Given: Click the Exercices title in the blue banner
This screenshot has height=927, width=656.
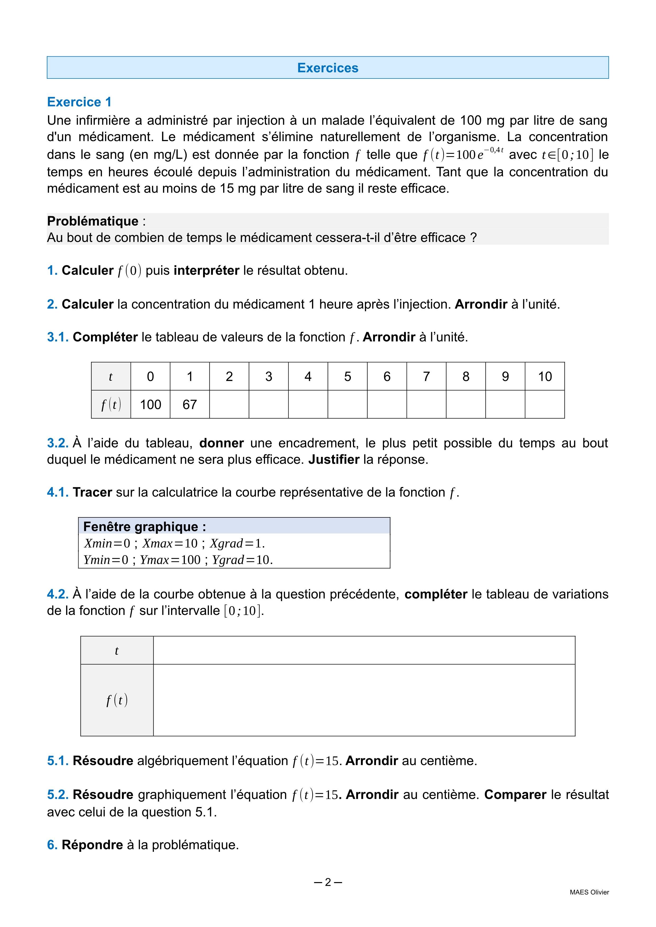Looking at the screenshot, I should (328, 68).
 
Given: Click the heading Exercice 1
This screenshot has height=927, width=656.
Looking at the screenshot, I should (79, 102).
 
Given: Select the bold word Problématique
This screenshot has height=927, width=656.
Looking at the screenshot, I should (93, 221).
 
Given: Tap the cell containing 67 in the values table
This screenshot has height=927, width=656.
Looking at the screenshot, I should (189, 405).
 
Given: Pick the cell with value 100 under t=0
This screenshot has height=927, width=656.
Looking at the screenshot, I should (150, 405).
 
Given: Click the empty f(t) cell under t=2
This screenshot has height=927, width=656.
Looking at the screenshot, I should (229, 405).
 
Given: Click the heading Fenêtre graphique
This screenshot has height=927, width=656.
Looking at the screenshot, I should (144, 526).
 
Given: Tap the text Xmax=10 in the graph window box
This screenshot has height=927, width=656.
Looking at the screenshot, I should (170, 544).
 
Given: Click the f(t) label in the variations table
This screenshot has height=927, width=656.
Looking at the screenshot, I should (117, 700).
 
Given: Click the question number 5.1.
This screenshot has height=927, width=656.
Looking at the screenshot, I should (58, 761).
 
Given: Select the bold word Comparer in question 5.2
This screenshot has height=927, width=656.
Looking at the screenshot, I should (515, 795).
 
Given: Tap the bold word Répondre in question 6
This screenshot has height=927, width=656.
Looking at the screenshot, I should (92, 845).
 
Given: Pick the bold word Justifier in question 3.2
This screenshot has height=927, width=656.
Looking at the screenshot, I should (334, 460).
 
